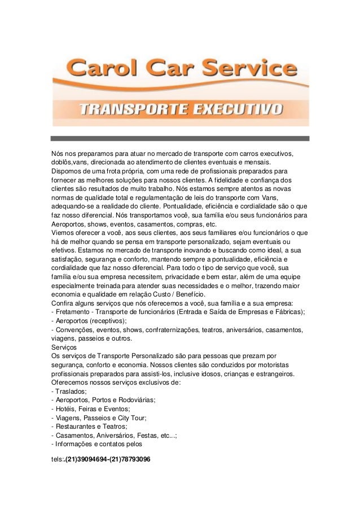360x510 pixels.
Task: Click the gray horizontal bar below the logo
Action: click(x=180, y=138)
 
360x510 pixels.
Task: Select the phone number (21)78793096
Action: click(x=129, y=460)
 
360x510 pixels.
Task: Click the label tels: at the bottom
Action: click(x=57, y=460)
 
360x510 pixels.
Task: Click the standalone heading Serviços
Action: click(x=63, y=347)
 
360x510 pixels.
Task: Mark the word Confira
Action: click(x=62, y=303)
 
